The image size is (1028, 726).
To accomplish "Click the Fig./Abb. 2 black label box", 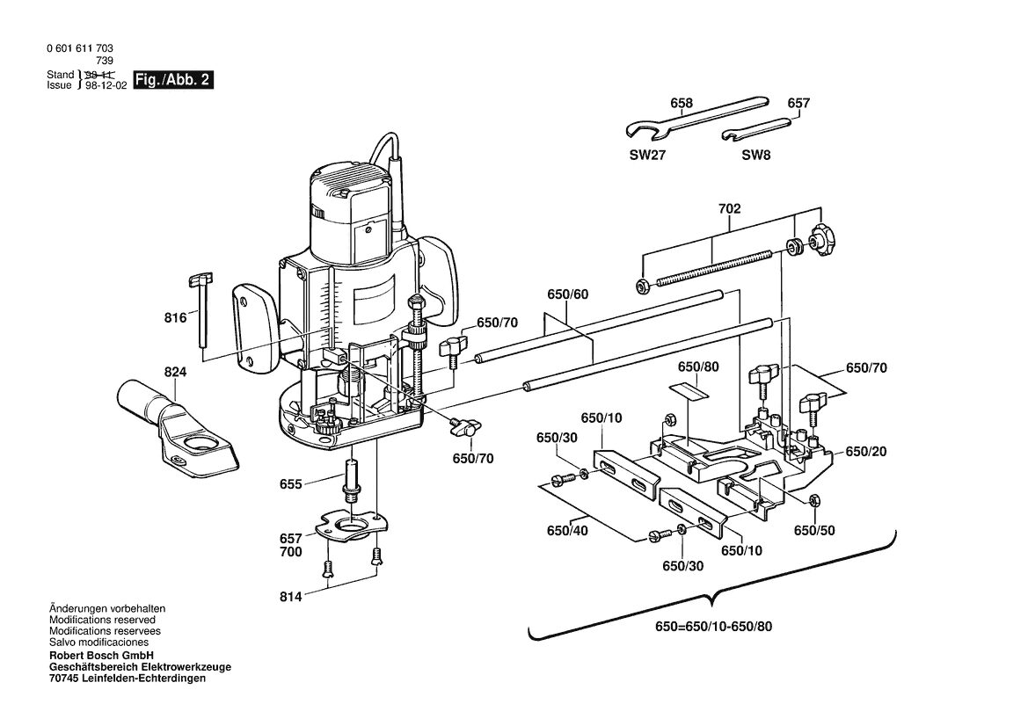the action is click(173, 80).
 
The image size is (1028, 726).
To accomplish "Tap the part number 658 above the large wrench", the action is click(682, 103).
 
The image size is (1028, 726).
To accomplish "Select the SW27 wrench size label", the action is click(647, 156).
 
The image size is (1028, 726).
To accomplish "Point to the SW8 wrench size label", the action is click(756, 156).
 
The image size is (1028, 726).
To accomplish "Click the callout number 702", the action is click(729, 208).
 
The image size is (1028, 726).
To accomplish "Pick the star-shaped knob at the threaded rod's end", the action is click(820, 241).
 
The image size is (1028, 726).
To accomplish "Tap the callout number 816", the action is click(175, 318).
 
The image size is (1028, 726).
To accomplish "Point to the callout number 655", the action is click(290, 484).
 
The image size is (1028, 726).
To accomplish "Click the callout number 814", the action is click(290, 596).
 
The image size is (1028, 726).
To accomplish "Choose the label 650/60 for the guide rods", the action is click(568, 294).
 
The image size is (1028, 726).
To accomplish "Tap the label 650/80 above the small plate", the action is click(698, 367).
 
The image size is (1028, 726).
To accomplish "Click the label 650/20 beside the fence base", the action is click(866, 452).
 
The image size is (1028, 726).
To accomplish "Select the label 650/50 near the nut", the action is click(814, 530).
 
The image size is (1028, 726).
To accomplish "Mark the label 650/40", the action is click(567, 530).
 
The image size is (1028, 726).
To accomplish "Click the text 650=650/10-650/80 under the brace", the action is click(713, 627).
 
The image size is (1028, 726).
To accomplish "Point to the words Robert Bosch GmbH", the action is click(102, 655).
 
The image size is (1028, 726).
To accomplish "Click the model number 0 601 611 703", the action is click(80, 48).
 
